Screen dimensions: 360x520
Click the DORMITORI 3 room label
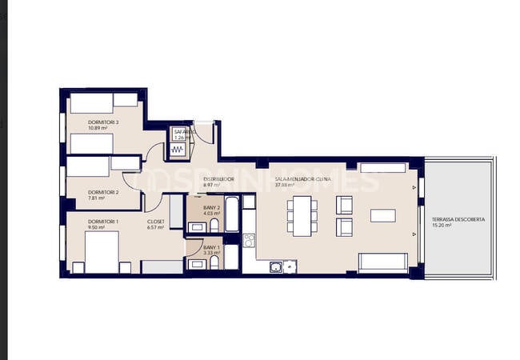(103, 122)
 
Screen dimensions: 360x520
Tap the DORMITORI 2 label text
(103, 192)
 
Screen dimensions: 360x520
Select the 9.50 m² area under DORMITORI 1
(96, 227)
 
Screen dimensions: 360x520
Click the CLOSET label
(156, 222)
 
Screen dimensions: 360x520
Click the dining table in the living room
(302, 216)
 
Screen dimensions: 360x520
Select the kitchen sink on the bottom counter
(276, 266)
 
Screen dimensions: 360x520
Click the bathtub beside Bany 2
(232, 214)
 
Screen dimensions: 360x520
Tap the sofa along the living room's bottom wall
(382, 262)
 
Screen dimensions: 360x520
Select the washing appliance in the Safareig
(176, 148)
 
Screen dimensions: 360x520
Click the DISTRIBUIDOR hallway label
(218, 178)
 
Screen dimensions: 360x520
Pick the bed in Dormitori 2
(88, 167)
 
